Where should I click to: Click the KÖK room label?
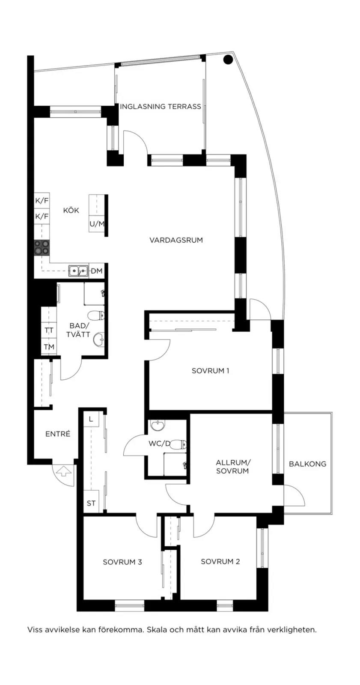click(x=71, y=210)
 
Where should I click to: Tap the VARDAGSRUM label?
click(x=176, y=240)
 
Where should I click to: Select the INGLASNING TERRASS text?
click(x=161, y=107)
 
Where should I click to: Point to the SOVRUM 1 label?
click(x=211, y=371)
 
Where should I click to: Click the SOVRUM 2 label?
click(x=220, y=561)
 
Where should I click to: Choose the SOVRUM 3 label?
click(x=122, y=562)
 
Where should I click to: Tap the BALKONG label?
click(x=307, y=464)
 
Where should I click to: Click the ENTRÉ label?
click(x=58, y=434)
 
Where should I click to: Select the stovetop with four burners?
click(x=42, y=247)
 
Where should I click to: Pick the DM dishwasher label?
click(x=97, y=271)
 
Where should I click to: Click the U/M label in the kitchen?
click(x=97, y=224)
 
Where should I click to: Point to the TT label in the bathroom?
click(x=49, y=331)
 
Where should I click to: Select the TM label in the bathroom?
click(x=49, y=347)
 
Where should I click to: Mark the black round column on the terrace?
click(x=228, y=60)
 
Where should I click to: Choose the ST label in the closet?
click(x=91, y=503)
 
